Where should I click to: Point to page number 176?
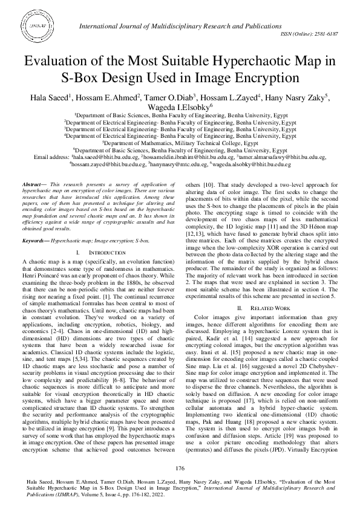180,468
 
